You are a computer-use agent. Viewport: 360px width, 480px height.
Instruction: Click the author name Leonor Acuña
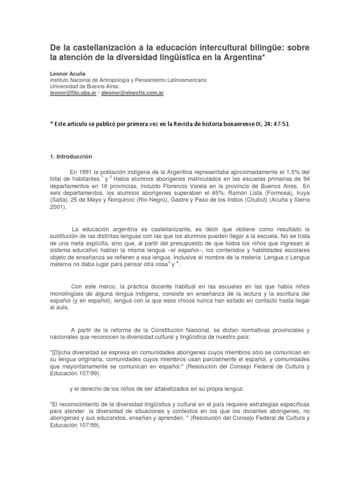[66, 74]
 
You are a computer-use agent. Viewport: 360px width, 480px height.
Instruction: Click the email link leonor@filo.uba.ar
[74, 93]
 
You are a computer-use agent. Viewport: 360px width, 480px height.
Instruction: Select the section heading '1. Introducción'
[71, 156]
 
